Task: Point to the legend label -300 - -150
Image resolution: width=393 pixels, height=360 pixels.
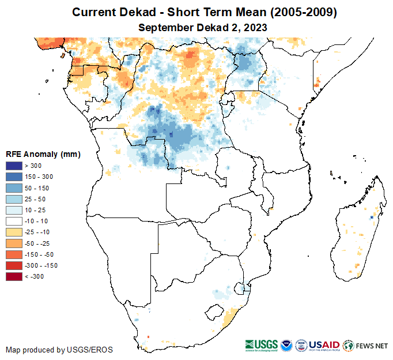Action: pos(41,266)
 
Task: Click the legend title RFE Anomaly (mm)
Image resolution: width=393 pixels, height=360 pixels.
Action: pos(43,154)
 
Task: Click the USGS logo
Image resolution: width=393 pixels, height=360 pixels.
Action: pos(262,345)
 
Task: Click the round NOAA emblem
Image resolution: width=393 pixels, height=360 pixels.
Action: pos(286,345)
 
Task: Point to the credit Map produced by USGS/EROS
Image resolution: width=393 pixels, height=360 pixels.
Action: pos(59,350)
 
